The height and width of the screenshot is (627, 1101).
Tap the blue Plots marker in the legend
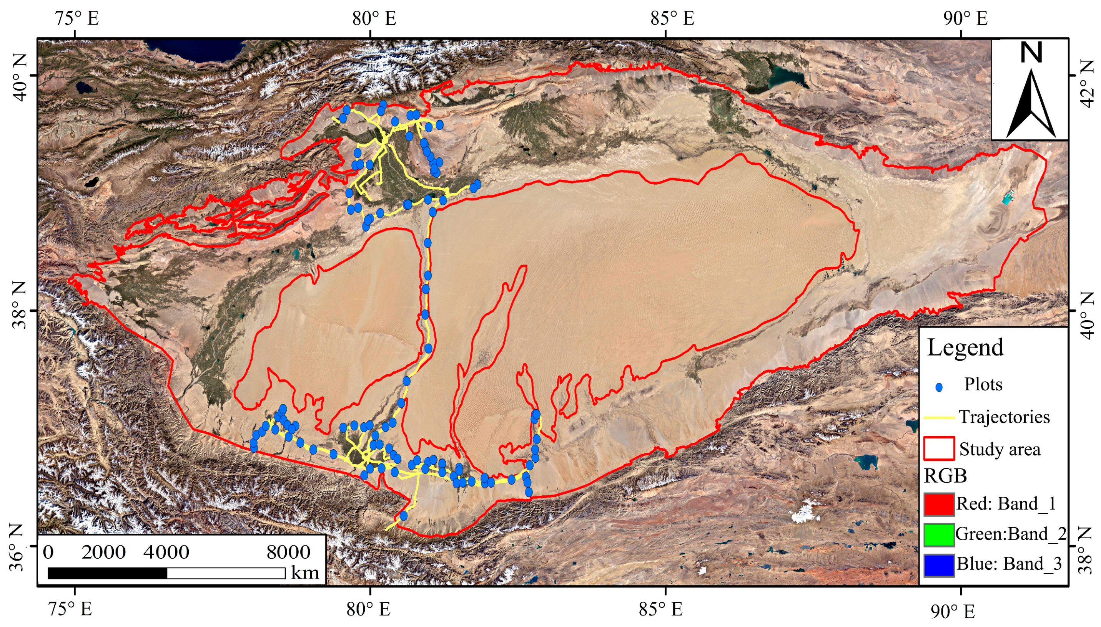pyautogui.click(x=939, y=387)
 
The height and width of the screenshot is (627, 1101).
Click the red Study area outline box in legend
pyautogui.click(x=938, y=448)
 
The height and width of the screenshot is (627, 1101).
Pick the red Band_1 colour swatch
pyautogui.click(x=938, y=504)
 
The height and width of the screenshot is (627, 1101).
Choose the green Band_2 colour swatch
pyautogui.click(x=938, y=534)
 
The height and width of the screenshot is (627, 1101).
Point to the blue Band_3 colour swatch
pyautogui.click(x=938, y=564)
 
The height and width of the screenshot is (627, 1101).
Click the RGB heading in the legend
pyautogui.click(x=945, y=476)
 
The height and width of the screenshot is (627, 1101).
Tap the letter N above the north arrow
pyautogui.click(x=1031, y=53)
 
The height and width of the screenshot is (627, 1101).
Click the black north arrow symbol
pyautogui.click(x=1031, y=108)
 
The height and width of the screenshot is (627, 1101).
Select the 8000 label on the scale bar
pyautogui.click(x=288, y=552)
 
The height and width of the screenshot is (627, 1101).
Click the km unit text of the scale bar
pyautogui.click(x=305, y=573)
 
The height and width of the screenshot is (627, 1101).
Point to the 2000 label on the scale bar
pyautogui.click(x=103, y=552)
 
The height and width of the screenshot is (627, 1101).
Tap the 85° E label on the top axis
pyautogui.click(x=672, y=18)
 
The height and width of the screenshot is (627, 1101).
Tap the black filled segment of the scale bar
pyautogui.click(x=107, y=573)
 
